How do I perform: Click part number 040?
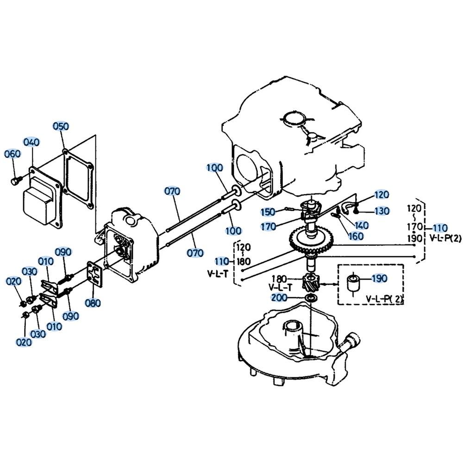coord(31,142)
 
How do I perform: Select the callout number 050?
coord(60,126)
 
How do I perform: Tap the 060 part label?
coord(13,154)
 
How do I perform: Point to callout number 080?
coord(92,304)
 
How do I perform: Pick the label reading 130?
coord(382,211)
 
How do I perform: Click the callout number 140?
coord(361,225)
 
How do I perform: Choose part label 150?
coord(267,212)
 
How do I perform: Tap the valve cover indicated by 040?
coord(39,201)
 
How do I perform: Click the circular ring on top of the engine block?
coord(293,118)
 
